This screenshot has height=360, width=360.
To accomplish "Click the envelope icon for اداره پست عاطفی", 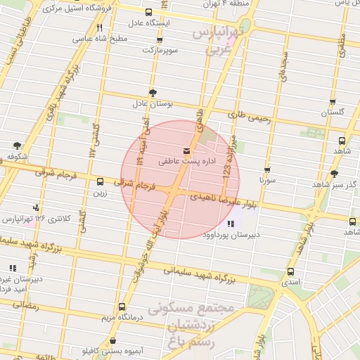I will [x=186, y=150].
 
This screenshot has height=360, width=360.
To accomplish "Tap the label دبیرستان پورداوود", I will [x=233, y=236].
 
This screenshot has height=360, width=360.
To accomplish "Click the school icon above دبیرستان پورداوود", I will [x=232, y=224].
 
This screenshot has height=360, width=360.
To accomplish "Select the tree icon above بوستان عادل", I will [x=153, y=93].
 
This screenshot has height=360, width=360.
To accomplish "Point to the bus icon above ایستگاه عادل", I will [x=148, y=12].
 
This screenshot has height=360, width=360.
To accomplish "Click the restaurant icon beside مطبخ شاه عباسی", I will [x=98, y=27].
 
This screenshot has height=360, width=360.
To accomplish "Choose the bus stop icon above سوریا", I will [x=267, y=169].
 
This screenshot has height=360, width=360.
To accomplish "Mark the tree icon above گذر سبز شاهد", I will [x=333, y=173].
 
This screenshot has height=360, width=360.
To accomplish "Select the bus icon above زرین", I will [x=100, y=181].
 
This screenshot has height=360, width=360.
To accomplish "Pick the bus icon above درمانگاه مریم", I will [x=122, y=307].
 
